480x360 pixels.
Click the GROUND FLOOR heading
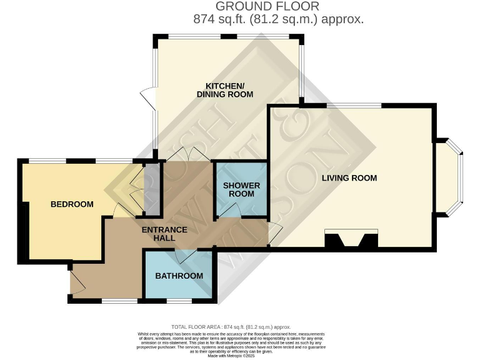tap(267, 6)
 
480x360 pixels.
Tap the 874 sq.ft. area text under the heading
tap(278, 19)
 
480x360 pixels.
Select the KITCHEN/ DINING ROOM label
tap(225, 89)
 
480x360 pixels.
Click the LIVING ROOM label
tap(349, 178)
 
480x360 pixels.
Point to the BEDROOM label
tap(72, 204)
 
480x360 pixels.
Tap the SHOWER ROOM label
tap(241, 189)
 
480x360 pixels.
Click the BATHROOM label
tap(179, 276)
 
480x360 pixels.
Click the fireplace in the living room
tap(351, 241)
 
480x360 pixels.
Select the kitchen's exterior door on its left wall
tap(147, 98)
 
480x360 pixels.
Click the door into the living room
tap(275, 233)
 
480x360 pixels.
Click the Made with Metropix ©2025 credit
tap(240, 356)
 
